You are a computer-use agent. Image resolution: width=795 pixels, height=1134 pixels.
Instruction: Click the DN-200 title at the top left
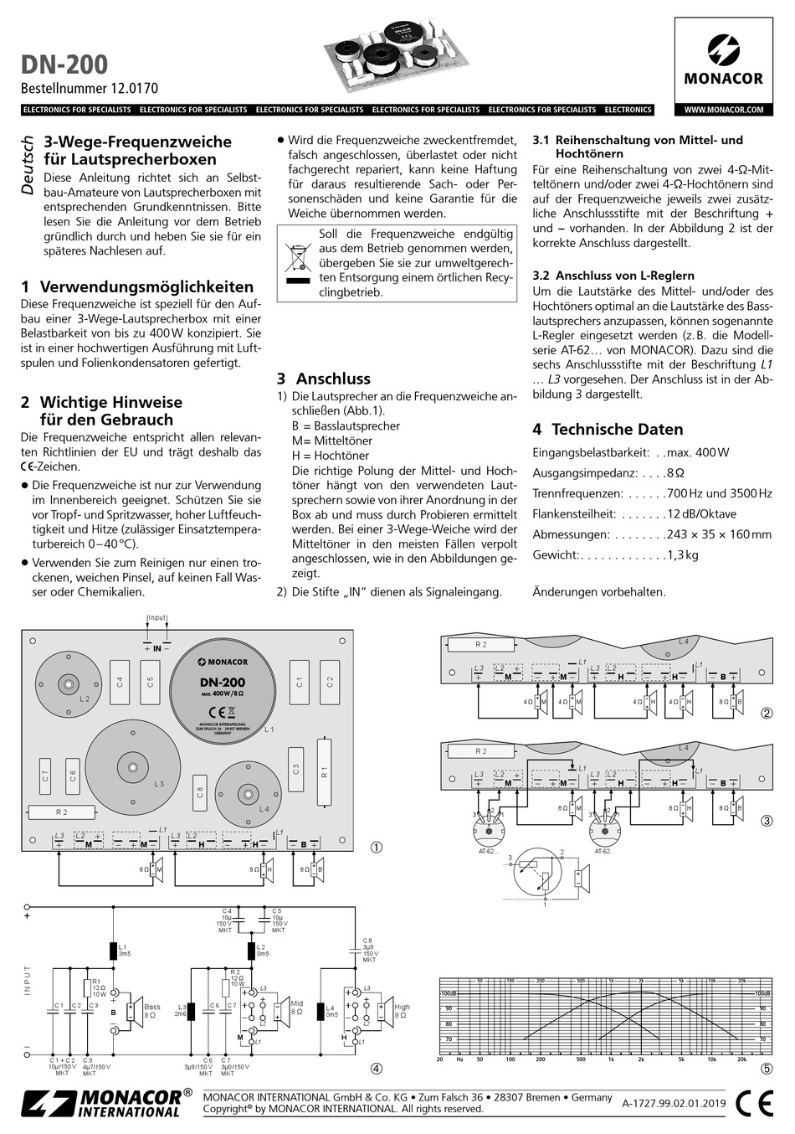coord(64,64)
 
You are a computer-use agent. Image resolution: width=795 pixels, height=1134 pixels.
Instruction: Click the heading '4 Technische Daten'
coord(608,429)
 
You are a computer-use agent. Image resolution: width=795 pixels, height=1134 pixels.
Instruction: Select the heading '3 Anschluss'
coord(323,379)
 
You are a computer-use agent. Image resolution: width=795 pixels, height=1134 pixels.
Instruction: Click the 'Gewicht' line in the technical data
coord(615,554)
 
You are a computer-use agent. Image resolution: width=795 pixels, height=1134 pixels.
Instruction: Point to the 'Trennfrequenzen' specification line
coord(652,494)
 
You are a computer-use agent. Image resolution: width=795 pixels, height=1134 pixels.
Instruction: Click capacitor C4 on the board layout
coord(120,683)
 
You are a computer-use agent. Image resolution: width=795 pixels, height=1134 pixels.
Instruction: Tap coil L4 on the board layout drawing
coord(248,793)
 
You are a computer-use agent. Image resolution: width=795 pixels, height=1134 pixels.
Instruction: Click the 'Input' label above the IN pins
coord(156,618)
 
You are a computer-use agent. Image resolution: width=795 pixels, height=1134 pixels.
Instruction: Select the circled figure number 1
coord(377,848)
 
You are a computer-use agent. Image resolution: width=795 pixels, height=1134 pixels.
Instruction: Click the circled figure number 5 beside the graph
coord(767,1069)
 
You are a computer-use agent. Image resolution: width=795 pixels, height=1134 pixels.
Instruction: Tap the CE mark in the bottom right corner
coord(754,1104)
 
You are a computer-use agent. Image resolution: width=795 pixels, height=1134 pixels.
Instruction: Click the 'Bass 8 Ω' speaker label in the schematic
coord(151,1011)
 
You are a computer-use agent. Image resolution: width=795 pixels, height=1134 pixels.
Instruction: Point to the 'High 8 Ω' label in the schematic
coord(402,1011)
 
